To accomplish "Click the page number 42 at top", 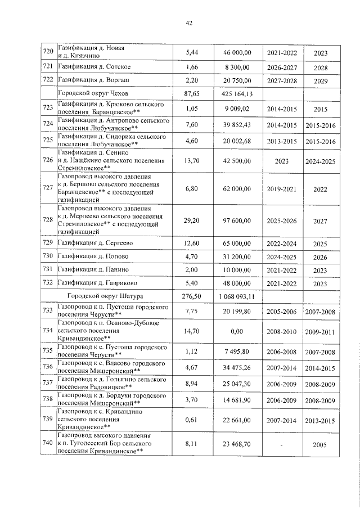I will tap(189, 23).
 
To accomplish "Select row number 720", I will tap(48, 52).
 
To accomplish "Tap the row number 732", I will tap(48, 283).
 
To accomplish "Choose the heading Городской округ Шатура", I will tap(105, 296).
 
